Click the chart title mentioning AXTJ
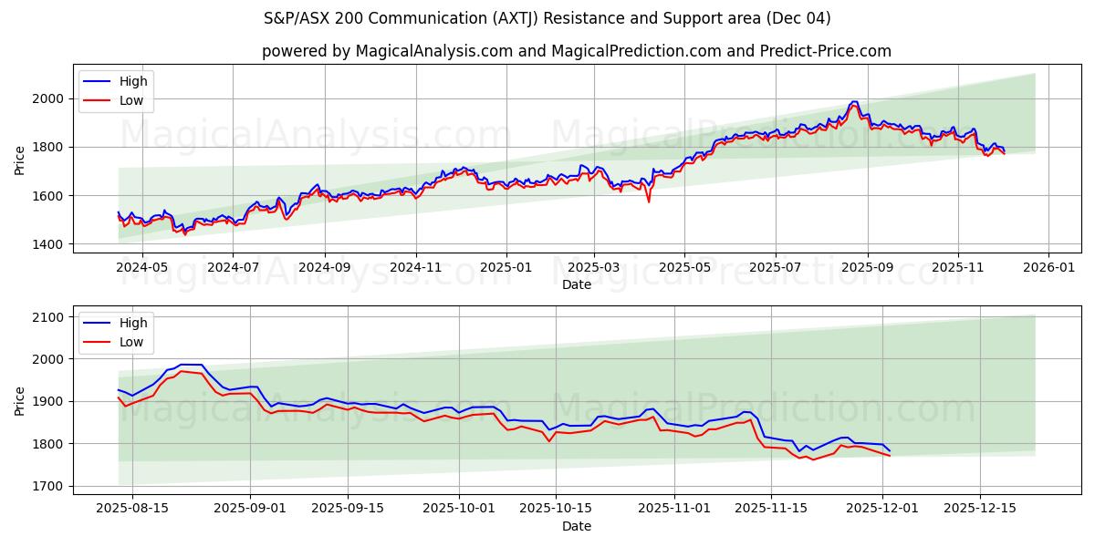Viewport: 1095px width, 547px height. (x=547, y=18)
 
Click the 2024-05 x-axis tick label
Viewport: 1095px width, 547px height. (x=142, y=267)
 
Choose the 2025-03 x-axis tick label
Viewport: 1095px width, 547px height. (x=594, y=267)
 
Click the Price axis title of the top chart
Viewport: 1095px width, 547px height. (x=20, y=159)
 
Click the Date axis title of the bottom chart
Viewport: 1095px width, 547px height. (x=576, y=526)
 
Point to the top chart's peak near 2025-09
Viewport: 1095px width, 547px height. (x=854, y=102)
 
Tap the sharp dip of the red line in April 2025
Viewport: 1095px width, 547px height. (x=649, y=201)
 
